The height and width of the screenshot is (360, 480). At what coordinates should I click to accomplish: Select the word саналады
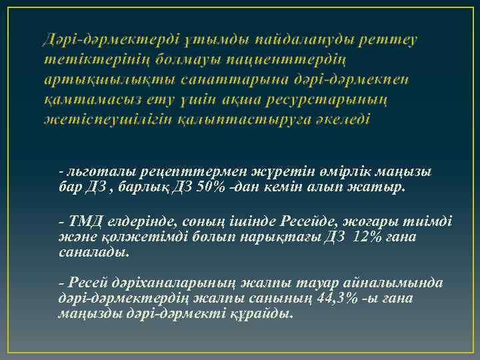[91, 253]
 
